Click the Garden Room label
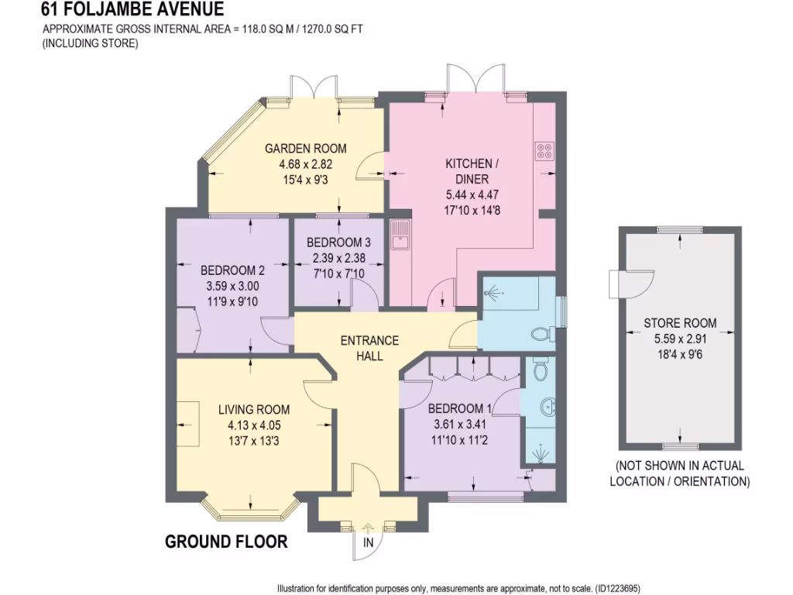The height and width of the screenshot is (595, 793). pos(305,149)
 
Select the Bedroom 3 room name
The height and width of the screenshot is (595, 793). pos(338,242)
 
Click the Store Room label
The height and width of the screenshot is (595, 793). pos(680,322)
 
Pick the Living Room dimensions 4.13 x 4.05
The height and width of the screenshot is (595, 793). pos(253,425)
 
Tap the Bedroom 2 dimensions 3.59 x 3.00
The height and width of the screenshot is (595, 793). pos(232,286)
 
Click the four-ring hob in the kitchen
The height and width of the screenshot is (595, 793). pos(543,151)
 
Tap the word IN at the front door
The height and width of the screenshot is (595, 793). pos(369,543)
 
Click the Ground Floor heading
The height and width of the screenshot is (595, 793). pos(226,542)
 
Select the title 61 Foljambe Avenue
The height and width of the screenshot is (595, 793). pos(133,9)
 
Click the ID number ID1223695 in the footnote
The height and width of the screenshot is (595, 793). pos(616,588)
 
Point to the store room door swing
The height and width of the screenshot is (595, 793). pos(632,284)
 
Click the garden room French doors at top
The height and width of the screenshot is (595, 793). pos(314,87)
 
